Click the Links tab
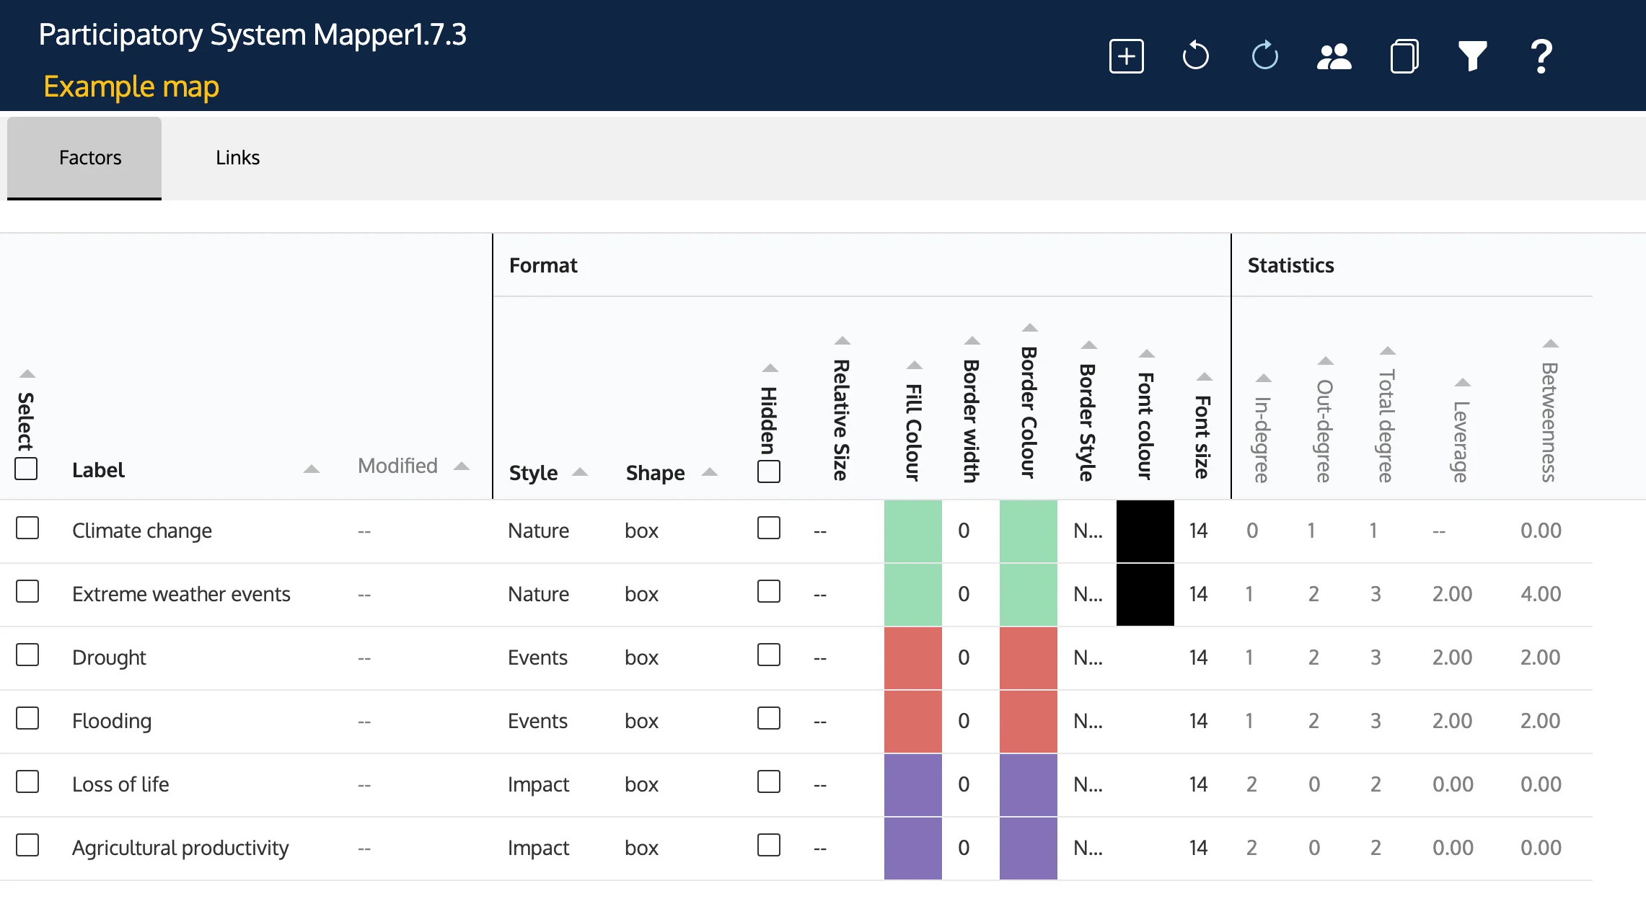237,158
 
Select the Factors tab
90,158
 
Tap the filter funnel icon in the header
1472,56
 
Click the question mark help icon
1541,56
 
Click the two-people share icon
1334,56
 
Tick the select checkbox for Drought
27,655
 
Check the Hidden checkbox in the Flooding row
769,719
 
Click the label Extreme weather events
181,594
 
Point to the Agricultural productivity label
180,848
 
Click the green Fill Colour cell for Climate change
912,531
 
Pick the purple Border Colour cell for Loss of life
1028,785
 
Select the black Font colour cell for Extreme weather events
1145,595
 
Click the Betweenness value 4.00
1541,594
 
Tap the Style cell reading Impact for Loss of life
538,784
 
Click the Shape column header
655,473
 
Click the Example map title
131,87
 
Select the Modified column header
398,466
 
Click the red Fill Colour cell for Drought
912,658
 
